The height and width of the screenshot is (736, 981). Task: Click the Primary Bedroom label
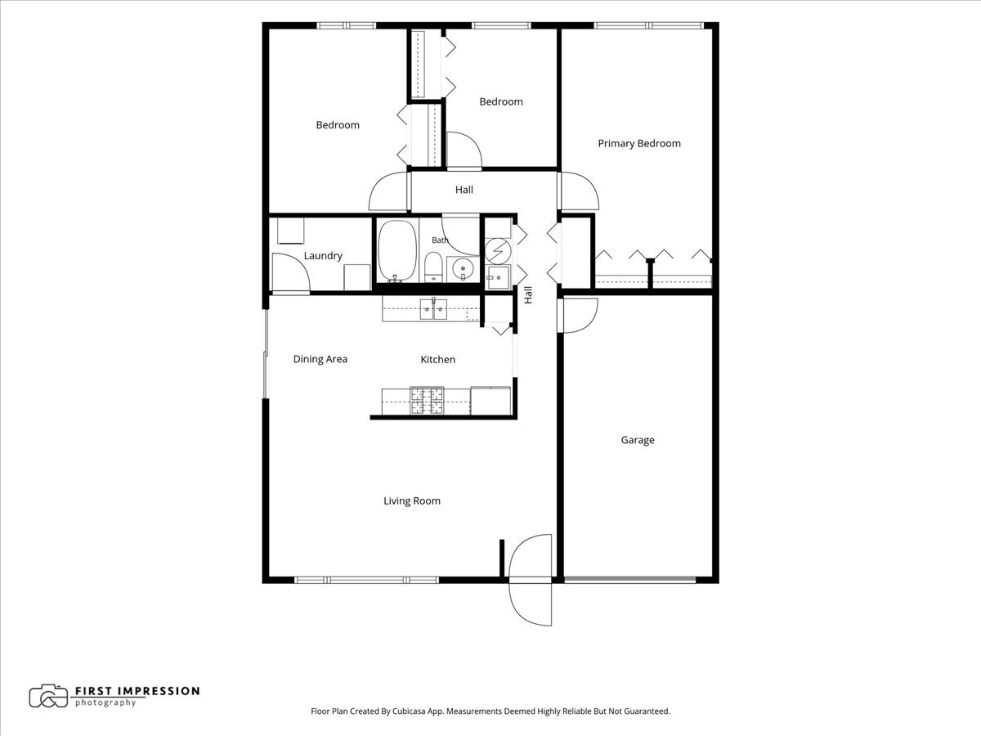pos(639,143)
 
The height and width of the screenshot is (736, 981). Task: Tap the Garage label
pos(638,440)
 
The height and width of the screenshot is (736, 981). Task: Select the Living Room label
pos(412,501)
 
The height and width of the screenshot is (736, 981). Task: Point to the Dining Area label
pos(320,359)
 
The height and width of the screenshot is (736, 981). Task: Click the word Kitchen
pos(437,359)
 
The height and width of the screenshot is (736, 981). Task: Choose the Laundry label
pos(323,256)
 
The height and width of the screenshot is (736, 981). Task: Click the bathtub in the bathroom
pos(397,251)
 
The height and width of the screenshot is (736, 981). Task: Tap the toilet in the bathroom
pos(432,267)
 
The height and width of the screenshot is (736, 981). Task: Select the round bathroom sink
pos(463,269)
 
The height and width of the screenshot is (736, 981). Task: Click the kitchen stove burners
pos(427,401)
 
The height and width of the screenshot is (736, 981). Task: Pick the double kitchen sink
pos(433,309)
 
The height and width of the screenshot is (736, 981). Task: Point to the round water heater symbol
pos(498,251)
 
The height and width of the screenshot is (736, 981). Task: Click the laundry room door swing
pos(290,273)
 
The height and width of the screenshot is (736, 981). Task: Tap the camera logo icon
pos(48,696)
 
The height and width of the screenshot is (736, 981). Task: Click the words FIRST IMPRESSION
pos(137,691)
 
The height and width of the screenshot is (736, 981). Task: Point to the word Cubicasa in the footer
pos(410,711)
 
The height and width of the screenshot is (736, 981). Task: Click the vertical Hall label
pos(528,295)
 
